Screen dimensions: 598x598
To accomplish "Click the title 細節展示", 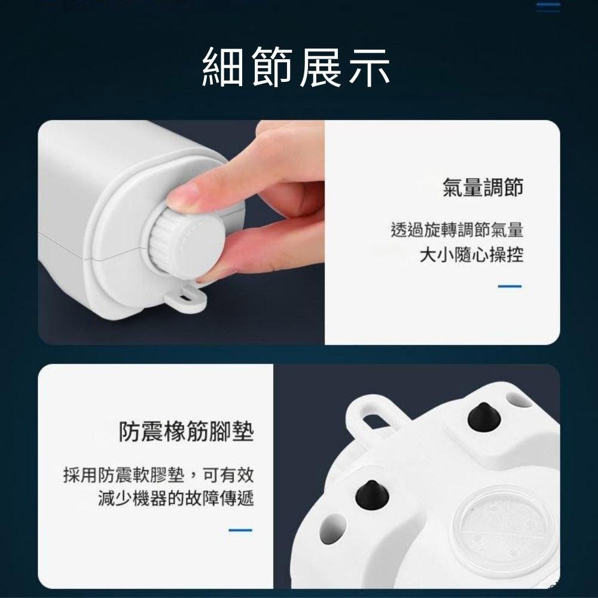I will coord(297,66).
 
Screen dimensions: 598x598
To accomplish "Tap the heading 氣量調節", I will coord(483,187).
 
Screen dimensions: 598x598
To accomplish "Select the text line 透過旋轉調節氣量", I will coord(457,230).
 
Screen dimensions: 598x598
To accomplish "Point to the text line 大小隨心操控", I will coord(471,255).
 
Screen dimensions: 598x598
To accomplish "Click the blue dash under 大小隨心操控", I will coord(509,286).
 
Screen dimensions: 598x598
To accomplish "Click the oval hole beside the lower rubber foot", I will coord(334,529).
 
